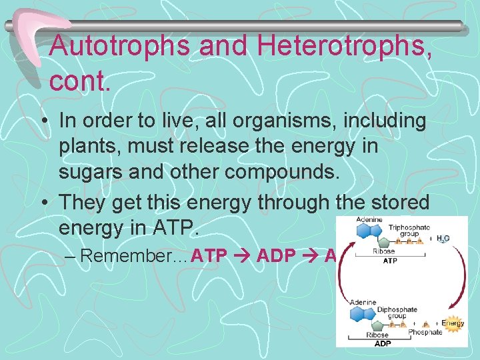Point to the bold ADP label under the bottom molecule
383,343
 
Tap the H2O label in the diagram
443,238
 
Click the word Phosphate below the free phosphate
425,332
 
